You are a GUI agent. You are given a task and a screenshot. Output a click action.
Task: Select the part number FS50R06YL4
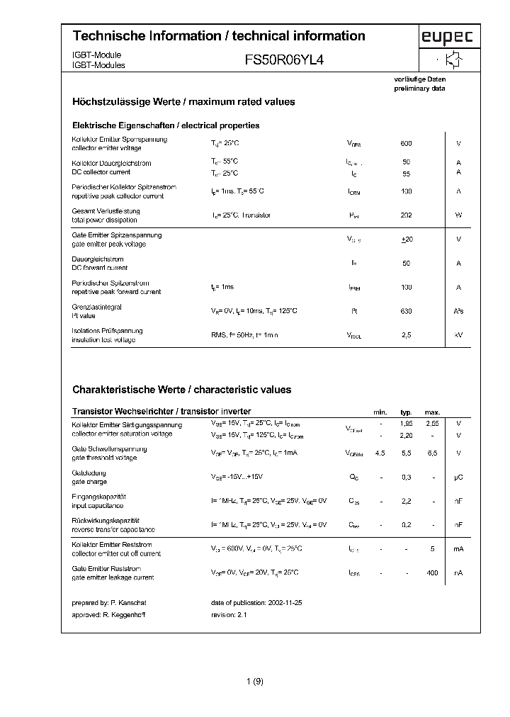tap(284, 61)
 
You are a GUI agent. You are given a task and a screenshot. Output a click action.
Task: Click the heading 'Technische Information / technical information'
tap(219, 36)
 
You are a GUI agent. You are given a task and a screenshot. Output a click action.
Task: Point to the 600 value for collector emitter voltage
tap(406, 144)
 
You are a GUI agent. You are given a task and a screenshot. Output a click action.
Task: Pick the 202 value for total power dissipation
tap(406, 215)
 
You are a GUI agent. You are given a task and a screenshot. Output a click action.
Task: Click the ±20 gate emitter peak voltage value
tap(406, 239)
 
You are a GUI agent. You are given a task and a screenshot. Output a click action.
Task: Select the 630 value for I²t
tap(406, 311)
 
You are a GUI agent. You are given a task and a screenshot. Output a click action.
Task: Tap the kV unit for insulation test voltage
tap(458, 335)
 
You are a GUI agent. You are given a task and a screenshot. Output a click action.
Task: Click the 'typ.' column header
tap(406, 412)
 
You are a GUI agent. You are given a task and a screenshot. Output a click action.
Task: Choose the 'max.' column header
tap(432, 412)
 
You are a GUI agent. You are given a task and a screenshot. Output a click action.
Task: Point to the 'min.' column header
tap(380, 412)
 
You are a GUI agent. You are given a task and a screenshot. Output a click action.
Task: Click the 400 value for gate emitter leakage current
tap(432, 573)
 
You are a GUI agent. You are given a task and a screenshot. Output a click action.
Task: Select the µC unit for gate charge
tap(458, 478)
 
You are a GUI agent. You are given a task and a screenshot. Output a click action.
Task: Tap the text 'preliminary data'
tap(420, 89)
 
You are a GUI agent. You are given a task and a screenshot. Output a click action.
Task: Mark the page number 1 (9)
tap(255, 682)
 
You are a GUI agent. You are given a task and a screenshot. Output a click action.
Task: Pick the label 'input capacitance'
tap(98, 506)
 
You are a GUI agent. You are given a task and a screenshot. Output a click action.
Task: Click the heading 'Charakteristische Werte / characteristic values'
tap(182, 390)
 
